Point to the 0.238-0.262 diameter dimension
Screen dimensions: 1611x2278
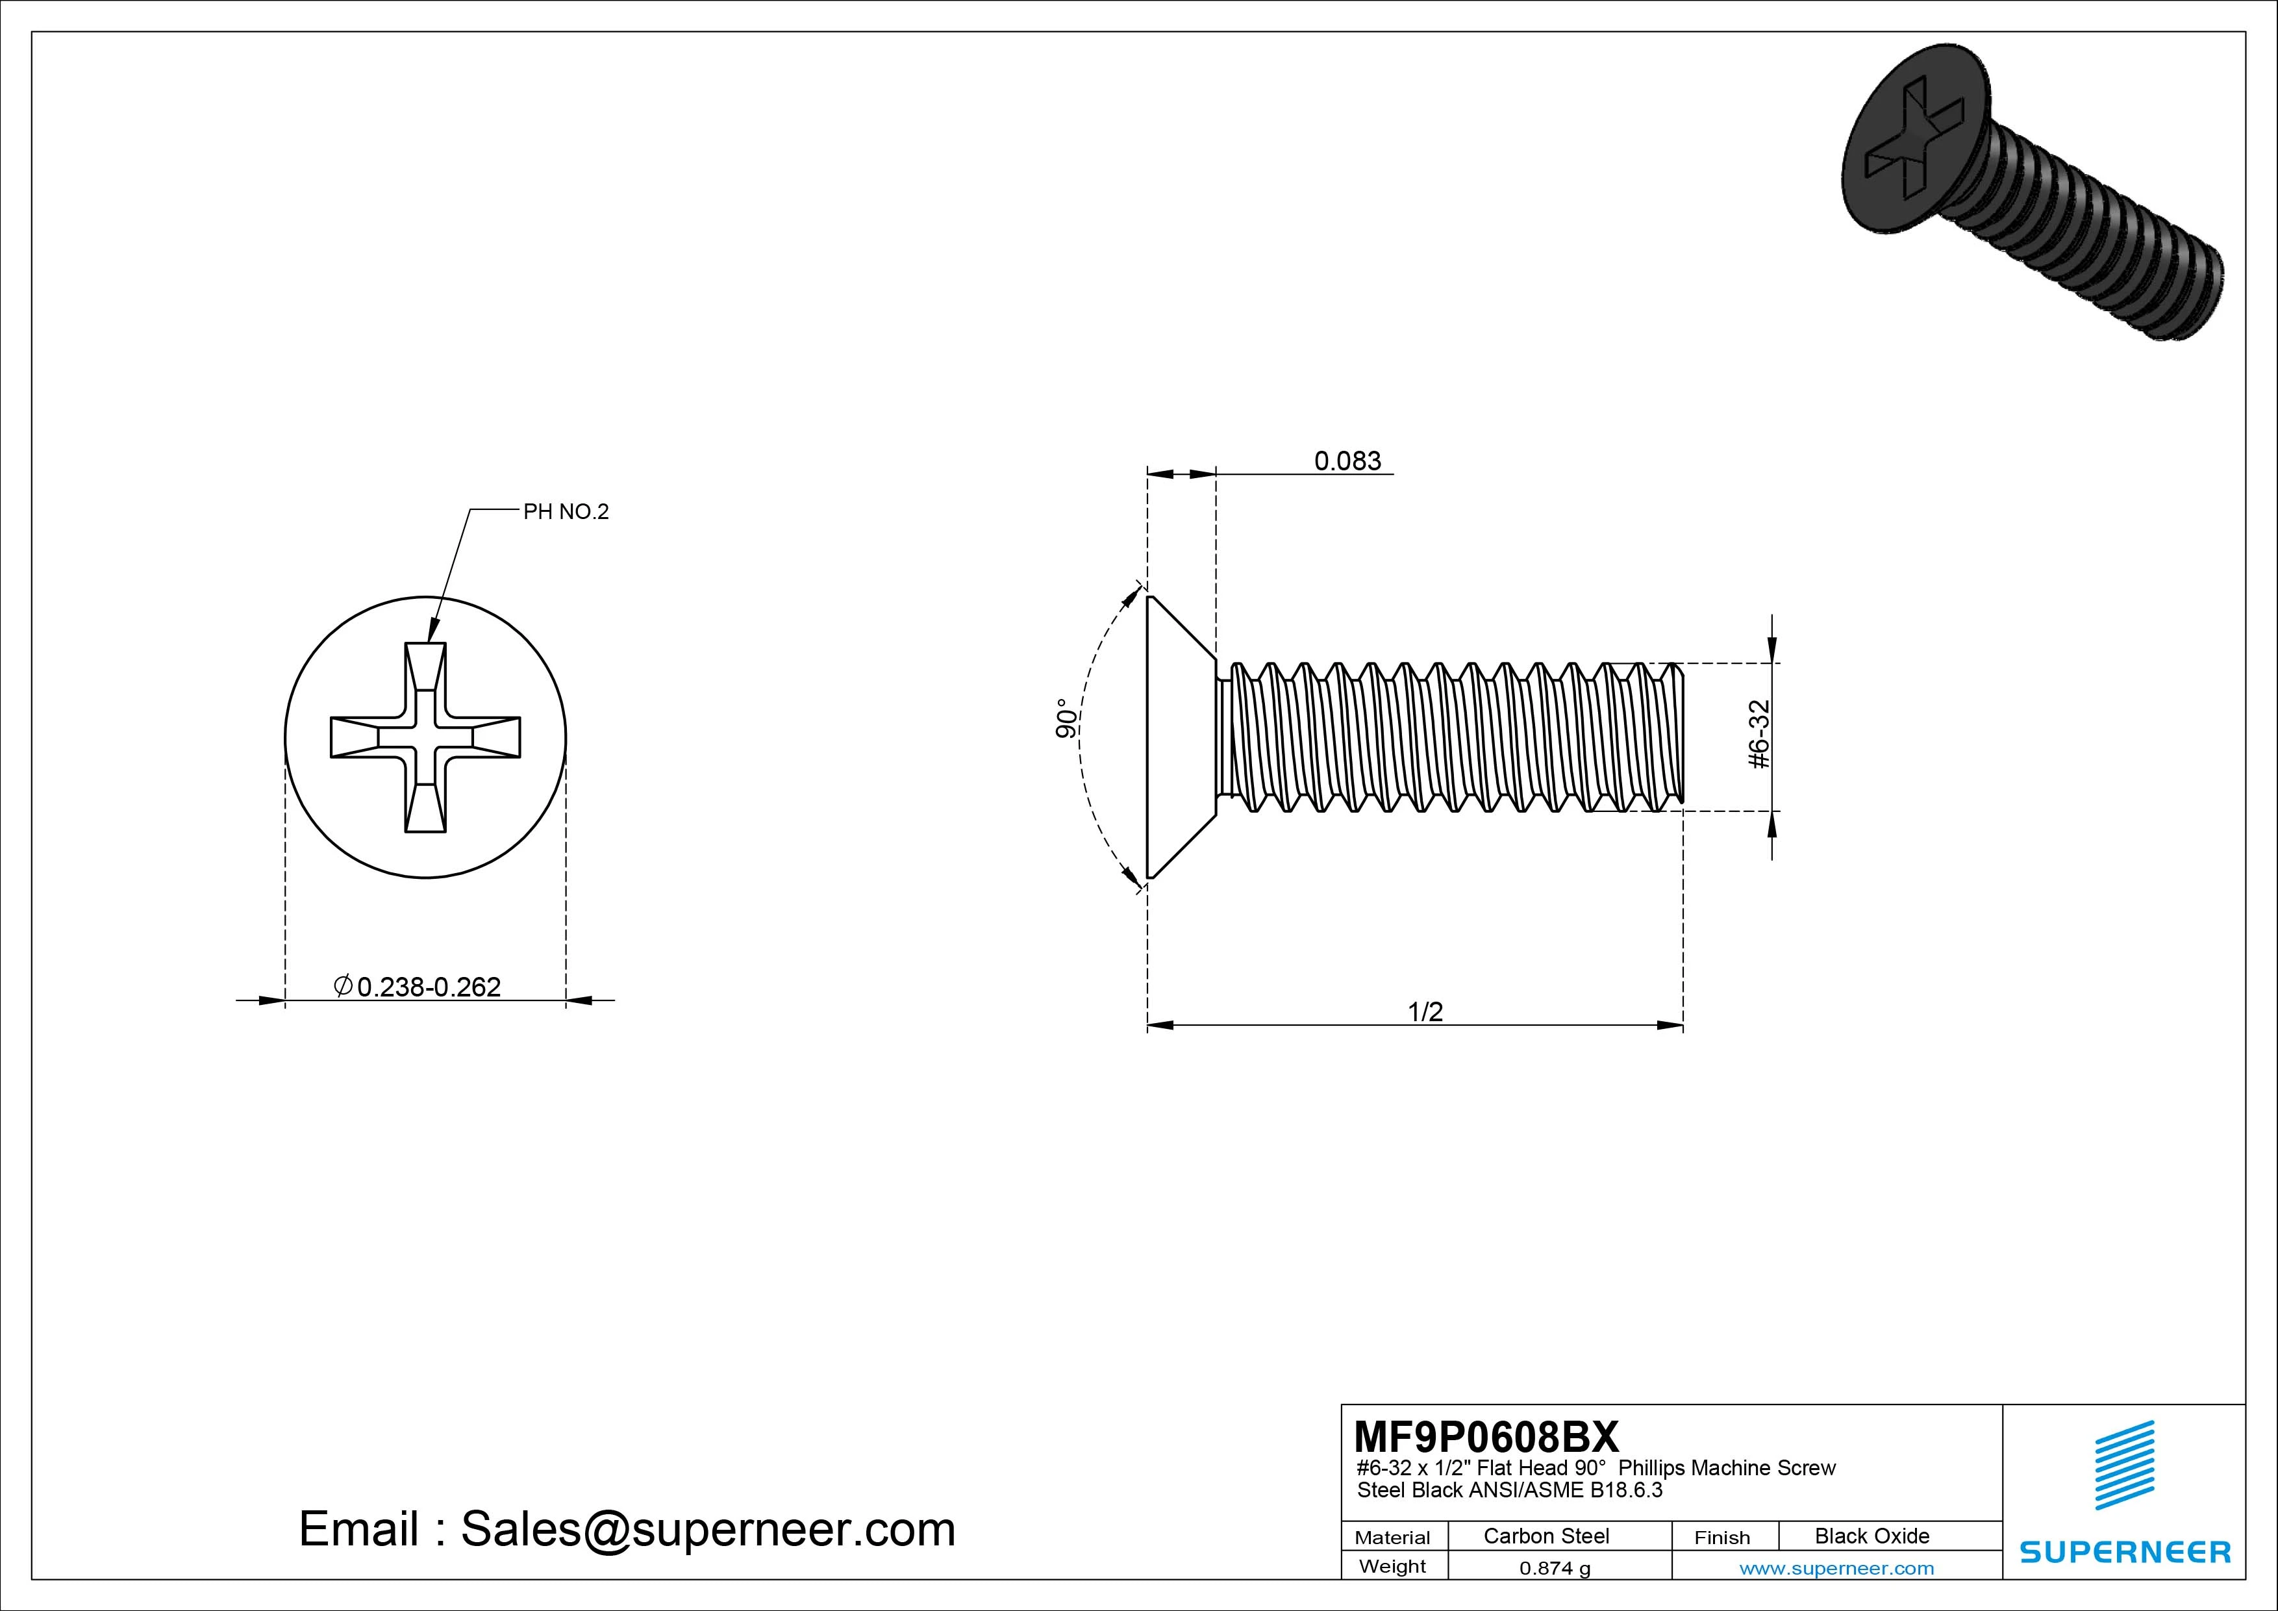[428, 987]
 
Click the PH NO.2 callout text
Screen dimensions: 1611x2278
[566, 512]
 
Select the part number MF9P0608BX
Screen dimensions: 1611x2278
[1485, 1436]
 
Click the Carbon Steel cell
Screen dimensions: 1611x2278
[1546, 1536]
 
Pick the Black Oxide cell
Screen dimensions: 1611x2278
[1871, 1536]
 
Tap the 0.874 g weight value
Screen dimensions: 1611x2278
[1555, 1568]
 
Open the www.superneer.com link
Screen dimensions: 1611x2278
[1836, 1568]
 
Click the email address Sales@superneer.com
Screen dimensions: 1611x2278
[707, 1529]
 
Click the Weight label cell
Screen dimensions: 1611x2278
[1392, 1566]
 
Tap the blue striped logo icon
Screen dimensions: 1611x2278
[2124, 1465]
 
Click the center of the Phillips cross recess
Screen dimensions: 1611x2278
[425, 737]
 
